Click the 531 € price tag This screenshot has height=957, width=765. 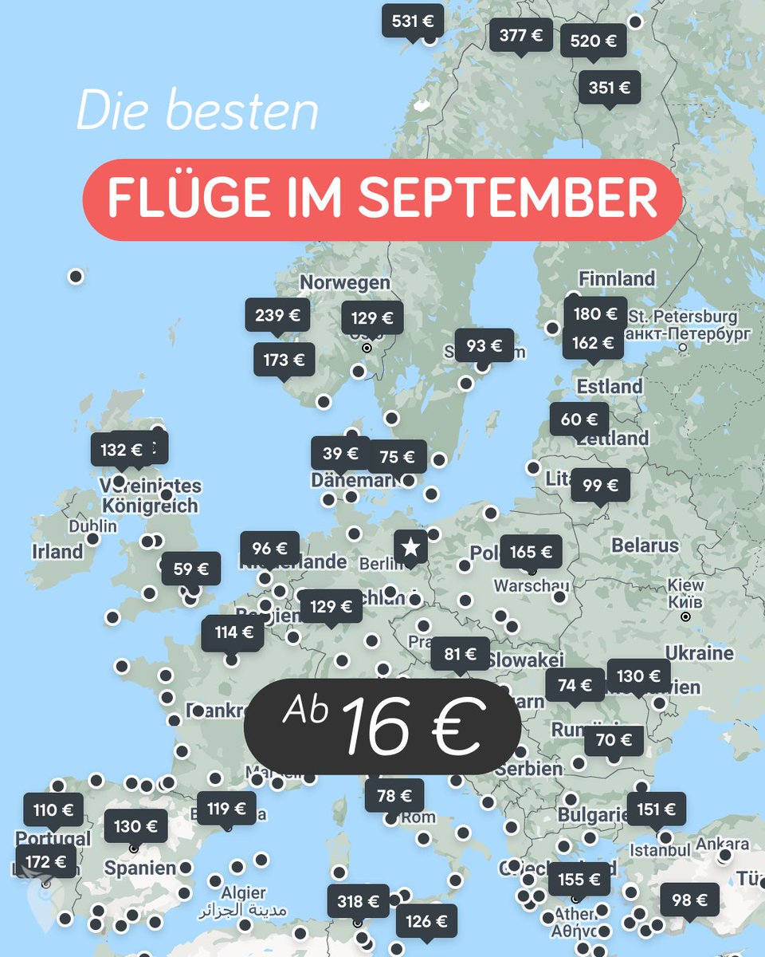(x=412, y=21)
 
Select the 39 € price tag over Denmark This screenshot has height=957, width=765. (x=340, y=454)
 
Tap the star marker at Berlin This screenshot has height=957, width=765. (x=410, y=547)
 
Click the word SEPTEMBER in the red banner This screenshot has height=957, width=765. (x=508, y=199)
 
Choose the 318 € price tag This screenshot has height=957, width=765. (x=358, y=901)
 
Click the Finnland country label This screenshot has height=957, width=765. (x=617, y=279)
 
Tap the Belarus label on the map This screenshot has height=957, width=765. (x=645, y=545)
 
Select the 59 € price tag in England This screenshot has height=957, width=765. (x=191, y=569)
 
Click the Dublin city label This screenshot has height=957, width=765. (x=92, y=526)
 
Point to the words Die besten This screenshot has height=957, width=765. (x=197, y=112)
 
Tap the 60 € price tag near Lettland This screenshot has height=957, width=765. (x=579, y=419)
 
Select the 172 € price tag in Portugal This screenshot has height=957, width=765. (x=46, y=861)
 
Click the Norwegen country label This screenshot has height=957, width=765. (x=345, y=282)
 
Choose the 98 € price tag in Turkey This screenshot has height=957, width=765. (x=689, y=900)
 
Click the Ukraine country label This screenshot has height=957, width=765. (x=699, y=653)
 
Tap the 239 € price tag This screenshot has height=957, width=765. (x=277, y=315)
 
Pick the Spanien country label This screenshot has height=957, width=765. (x=140, y=868)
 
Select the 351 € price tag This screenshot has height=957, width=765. (x=610, y=88)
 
